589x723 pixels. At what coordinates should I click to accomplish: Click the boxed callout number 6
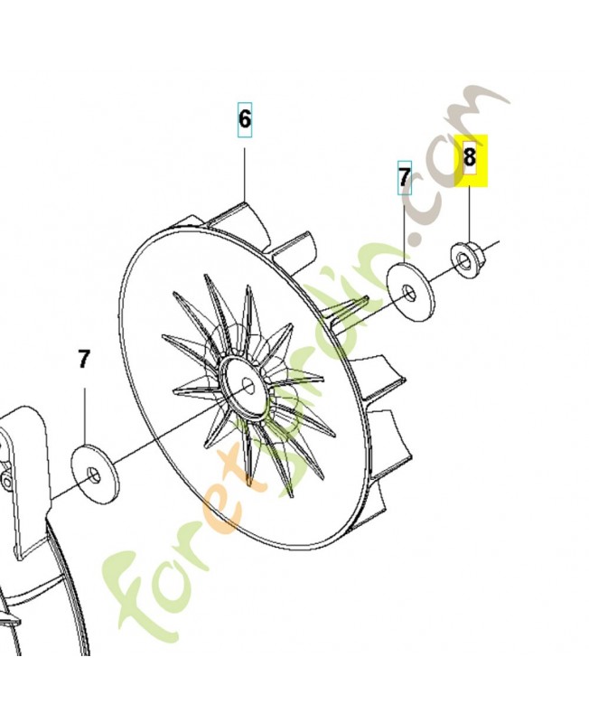click(x=245, y=119)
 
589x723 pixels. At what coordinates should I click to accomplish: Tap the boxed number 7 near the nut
click(x=405, y=176)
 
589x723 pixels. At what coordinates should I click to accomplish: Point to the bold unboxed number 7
click(x=84, y=360)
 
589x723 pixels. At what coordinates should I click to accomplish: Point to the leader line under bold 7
click(x=86, y=411)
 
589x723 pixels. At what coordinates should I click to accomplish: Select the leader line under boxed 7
click(x=405, y=230)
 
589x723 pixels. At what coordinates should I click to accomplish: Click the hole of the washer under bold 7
click(x=92, y=473)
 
